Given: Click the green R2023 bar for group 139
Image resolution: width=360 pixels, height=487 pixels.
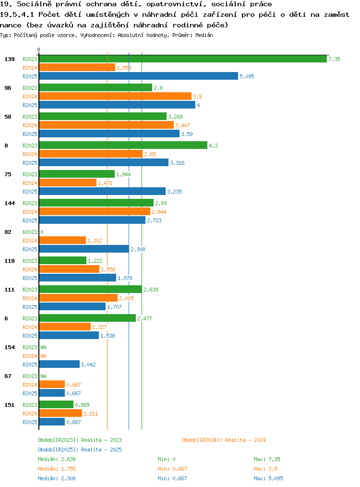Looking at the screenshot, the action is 183,59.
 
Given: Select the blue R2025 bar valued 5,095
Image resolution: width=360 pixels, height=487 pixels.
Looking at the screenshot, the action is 138,76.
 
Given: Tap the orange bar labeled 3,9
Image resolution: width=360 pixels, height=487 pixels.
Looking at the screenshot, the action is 115,96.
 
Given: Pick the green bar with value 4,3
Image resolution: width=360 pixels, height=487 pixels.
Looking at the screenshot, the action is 123,146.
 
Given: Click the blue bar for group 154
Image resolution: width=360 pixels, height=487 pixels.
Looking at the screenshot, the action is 59,365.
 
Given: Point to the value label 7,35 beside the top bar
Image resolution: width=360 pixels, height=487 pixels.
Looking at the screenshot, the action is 334,59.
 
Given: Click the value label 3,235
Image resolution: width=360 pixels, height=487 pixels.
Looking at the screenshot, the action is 174,192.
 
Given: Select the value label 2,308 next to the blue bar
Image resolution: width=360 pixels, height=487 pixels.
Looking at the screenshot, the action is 138,249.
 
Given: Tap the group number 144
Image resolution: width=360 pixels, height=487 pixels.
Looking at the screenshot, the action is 10,203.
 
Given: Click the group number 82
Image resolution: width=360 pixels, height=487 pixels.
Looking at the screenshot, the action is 8,232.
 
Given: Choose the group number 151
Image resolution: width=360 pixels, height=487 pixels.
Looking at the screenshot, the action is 10,405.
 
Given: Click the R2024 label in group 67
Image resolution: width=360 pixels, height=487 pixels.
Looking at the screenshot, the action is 30,385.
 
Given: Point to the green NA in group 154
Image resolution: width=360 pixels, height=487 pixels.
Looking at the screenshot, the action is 44,347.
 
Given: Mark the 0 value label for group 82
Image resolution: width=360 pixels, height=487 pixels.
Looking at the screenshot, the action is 42,232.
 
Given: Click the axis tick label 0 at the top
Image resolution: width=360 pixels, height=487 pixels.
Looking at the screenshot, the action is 38,49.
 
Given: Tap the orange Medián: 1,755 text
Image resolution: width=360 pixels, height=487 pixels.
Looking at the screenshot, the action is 57,469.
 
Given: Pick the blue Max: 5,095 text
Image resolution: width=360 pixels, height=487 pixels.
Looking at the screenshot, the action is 268,478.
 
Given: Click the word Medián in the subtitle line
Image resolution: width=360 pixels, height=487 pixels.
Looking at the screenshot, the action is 204,35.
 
